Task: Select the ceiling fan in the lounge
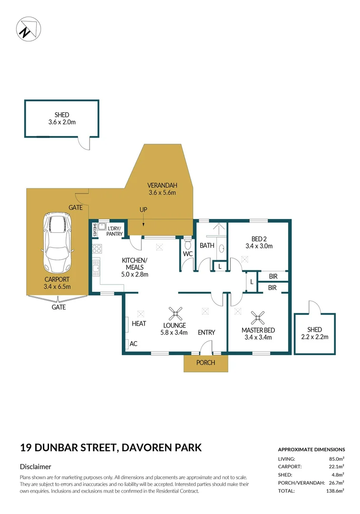pos(176,314)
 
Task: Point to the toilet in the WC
pos(188,245)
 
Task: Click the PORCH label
pos(205,363)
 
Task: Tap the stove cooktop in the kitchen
pos(97,248)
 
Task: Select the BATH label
pos(207,246)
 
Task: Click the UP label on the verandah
pos(143,209)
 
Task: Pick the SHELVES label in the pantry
pos(95,229)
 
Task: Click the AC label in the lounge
pos(134,344)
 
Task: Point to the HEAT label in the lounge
pos(139,324)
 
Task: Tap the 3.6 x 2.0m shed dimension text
pos(62,122)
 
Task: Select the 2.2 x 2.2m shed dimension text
pos(314,337)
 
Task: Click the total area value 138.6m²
pos(335,490)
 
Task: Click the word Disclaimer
pos(35,467)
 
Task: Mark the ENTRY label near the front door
pos(206,332)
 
